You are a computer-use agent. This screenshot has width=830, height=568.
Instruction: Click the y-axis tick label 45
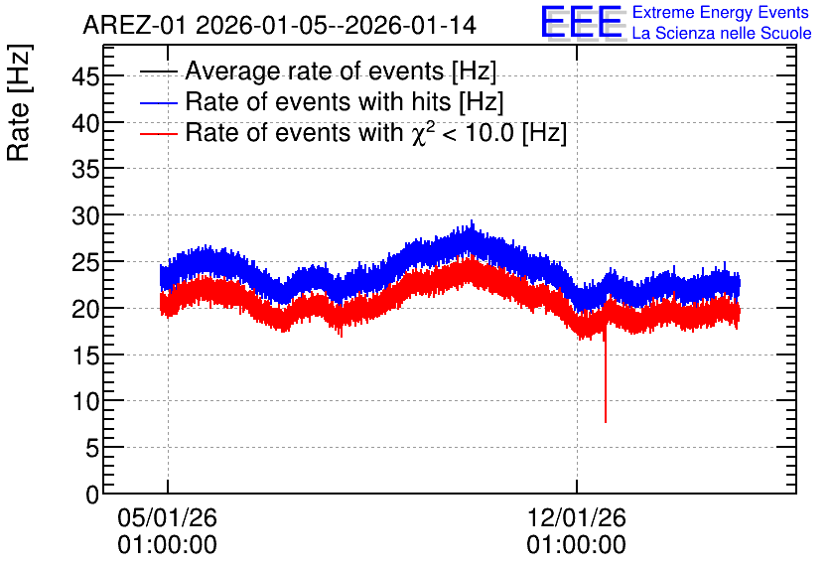point(85,77)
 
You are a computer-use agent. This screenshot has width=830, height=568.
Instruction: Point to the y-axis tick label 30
point(85,215)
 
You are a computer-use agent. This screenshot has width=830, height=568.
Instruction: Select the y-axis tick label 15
point(85,355)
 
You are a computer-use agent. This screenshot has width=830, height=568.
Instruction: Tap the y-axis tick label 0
point(92,495)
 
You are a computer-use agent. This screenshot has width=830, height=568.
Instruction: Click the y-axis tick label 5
point(92,449)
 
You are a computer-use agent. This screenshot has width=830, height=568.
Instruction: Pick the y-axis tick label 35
point(85,170)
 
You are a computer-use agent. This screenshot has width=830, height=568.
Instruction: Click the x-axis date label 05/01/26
point(167,517)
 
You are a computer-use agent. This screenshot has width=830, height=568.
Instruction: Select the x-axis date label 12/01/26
point(577,517)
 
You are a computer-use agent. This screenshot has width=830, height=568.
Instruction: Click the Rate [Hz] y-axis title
point(19,102)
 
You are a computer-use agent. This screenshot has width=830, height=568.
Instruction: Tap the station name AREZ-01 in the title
point(135,25)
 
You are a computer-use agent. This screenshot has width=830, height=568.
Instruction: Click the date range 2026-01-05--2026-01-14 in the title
point(337,25)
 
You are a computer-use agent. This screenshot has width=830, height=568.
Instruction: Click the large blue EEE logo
point(583,22)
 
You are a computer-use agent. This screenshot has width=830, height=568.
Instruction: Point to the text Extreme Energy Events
point(721,12)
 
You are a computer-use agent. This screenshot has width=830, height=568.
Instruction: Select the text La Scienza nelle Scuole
point(722,33)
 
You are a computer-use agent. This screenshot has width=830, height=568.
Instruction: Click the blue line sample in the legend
point(158,102)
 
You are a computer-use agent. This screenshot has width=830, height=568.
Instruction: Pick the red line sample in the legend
point(158,133)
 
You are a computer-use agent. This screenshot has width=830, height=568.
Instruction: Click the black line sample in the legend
point(158,71)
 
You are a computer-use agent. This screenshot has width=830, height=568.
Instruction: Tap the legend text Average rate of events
point(315,71)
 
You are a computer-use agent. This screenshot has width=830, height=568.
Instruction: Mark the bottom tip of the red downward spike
point(606,422)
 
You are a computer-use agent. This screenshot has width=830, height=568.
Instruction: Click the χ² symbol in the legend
point(420,133)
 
